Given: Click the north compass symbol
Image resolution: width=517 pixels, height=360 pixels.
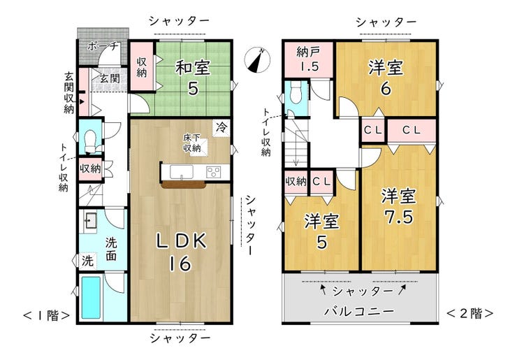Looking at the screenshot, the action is coord(257,61).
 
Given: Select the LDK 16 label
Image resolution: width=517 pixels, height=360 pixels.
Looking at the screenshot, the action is coord(181,252).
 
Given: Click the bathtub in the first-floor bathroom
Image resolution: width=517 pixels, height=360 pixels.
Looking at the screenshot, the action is coord(91,298).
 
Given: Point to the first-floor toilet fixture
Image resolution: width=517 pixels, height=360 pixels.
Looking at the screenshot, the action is coord(90,141).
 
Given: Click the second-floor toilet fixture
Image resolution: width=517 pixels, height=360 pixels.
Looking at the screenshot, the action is coord(296,92).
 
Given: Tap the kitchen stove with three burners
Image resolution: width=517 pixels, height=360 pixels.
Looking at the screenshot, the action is coord(214,172).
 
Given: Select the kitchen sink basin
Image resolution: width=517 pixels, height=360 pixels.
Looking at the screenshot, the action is coord(182,172).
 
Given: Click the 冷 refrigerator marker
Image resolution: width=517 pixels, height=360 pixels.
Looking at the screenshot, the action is coord(221,127).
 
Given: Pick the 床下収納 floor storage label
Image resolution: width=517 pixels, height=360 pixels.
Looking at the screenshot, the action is coord(192,143).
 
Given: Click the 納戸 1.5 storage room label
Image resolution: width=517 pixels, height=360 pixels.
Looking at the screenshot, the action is coord(307,59).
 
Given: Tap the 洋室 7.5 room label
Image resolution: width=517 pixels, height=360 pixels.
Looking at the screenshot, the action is coord(398,206).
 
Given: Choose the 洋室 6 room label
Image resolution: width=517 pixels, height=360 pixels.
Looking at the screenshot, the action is coord(386,78).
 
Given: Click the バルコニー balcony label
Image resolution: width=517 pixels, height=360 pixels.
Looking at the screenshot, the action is coord(359,311).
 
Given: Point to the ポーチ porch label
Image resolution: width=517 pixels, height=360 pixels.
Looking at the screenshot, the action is coord(103,46).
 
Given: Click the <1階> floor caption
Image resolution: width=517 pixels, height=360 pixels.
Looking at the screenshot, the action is coord(47,315).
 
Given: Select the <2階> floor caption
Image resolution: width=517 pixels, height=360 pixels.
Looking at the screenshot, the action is coord(470,313).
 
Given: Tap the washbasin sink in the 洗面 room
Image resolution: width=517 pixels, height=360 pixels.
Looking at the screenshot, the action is coord(89,220).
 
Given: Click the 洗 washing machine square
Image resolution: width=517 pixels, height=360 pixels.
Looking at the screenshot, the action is coord(87,261).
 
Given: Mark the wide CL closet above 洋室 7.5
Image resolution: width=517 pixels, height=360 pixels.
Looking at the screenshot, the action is coord(412,131).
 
